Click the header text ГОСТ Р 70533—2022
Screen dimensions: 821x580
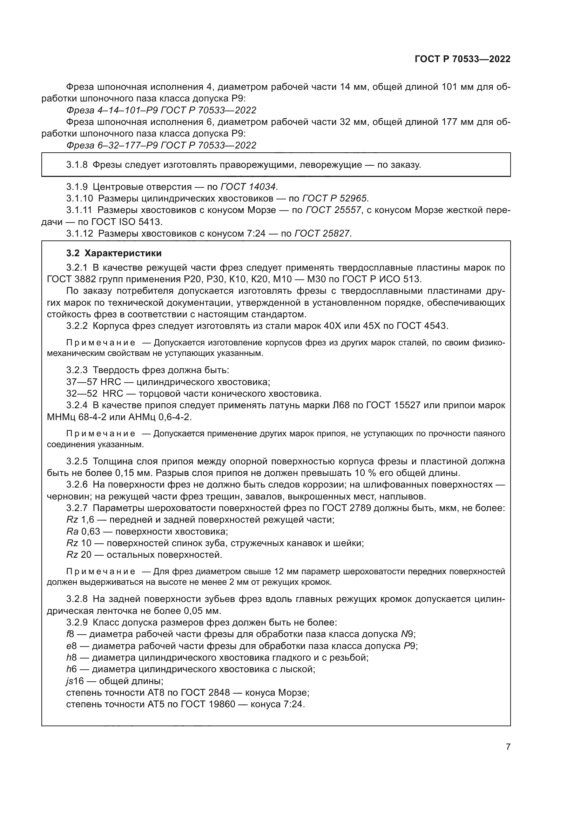(x=462, y=59)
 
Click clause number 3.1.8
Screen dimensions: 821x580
(x=77, y=165)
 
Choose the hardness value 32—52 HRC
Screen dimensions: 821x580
(x=95, y=394)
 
